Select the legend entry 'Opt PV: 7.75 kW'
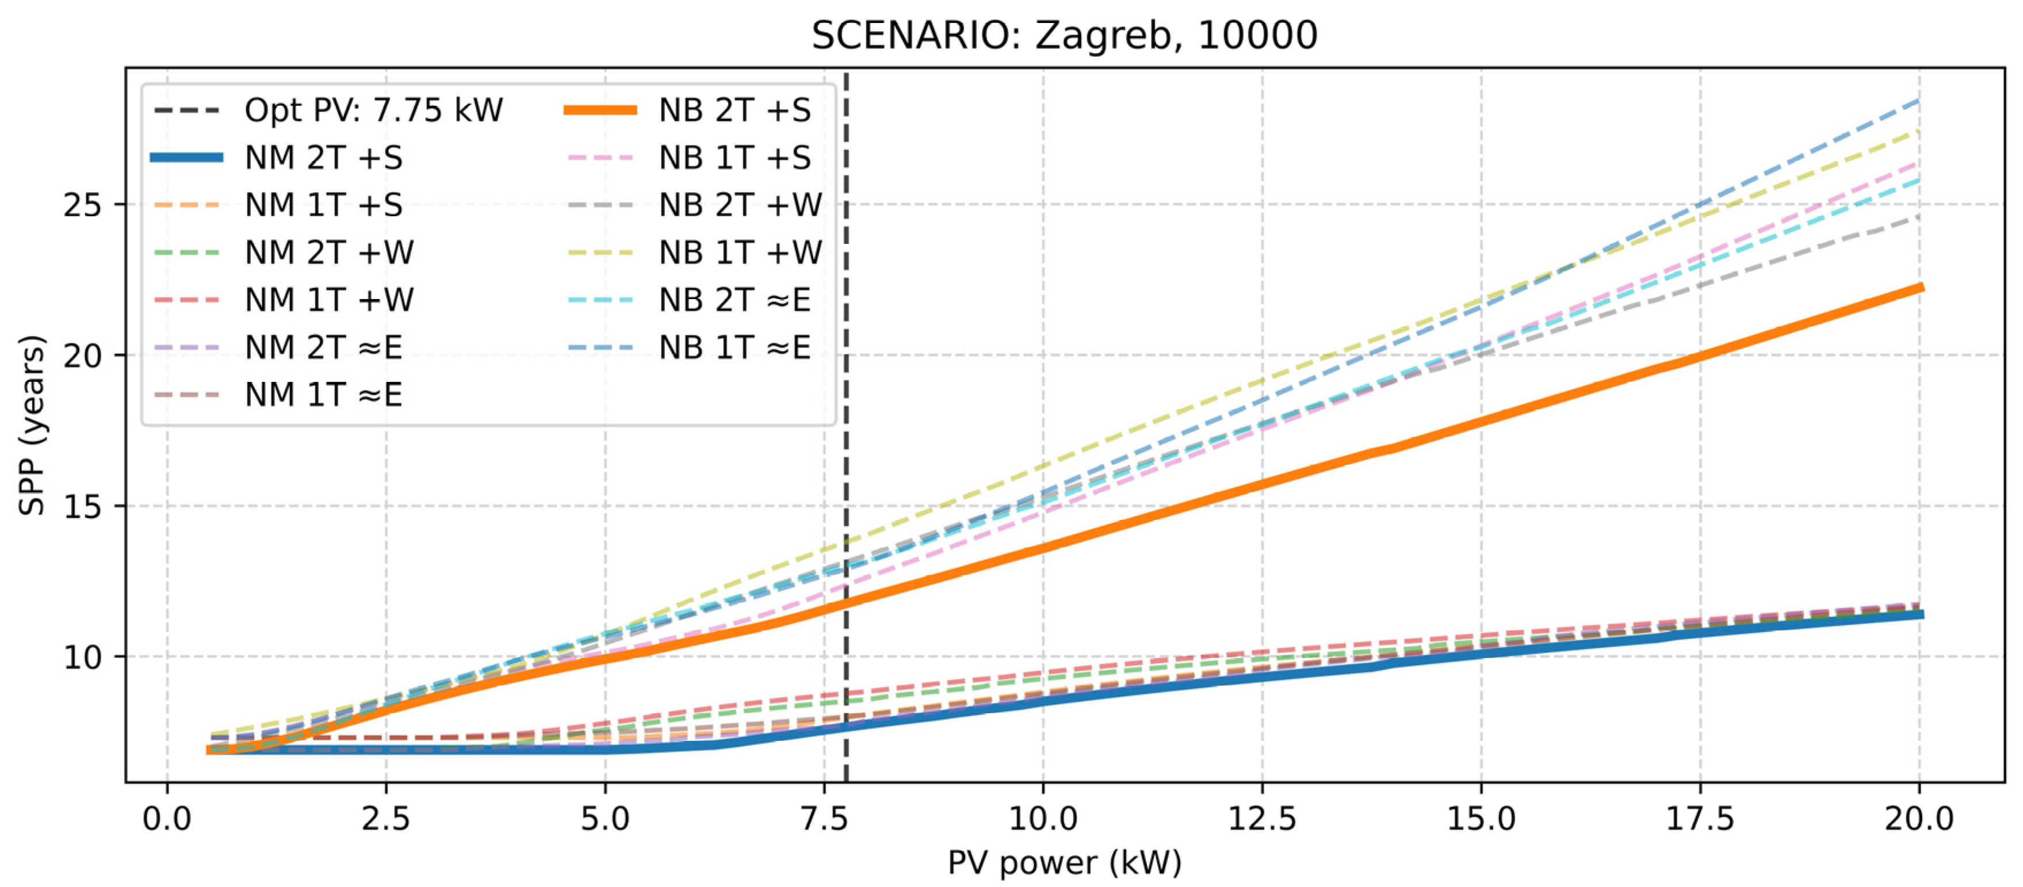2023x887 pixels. coord(373,110)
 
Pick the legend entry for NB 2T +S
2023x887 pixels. coord(735,110)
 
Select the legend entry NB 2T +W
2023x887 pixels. coord(740,205)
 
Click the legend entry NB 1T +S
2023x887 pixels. coord(735,158)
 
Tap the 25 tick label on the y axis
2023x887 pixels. coord(82,205)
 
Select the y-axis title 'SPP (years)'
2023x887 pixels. coord(32,425)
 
